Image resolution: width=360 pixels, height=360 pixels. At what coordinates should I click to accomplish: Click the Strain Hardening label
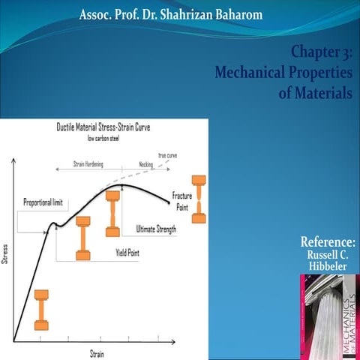[x=88, y=163]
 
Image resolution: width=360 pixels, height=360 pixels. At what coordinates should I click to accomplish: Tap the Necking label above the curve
[x=145, y=163]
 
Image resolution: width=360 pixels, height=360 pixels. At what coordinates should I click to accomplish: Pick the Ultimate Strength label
[x=156, y=229]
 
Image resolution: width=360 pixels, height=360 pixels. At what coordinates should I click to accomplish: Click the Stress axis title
[x=7, y=253]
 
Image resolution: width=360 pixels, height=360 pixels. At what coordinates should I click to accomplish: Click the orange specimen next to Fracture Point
[x=198, y=199]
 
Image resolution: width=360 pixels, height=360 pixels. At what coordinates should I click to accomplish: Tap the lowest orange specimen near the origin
[x=41, y=309]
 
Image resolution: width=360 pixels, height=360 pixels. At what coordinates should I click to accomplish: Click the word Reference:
[x=328, y=242]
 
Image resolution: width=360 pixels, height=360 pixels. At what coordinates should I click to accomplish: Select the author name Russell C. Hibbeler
[x=328, y=261]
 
